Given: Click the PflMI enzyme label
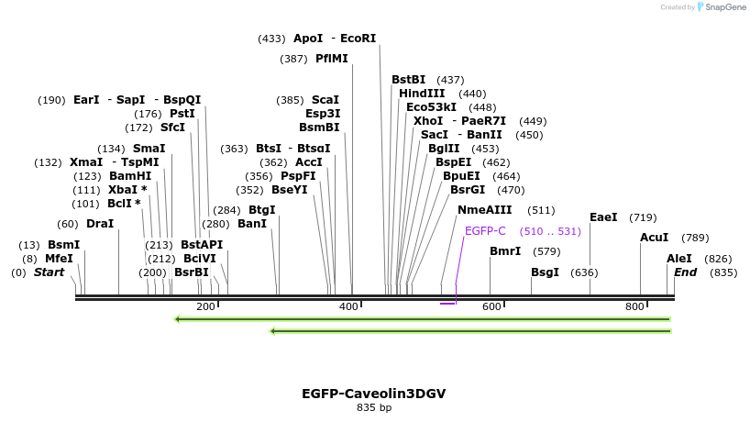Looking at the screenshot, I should pyautogui.click(x=332, y=59).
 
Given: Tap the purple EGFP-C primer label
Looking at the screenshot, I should pyautogui.click(x=485, y=231).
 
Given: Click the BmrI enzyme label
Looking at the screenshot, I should pyautogui.click(x=505, y=251).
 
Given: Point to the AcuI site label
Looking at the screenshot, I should pyautogui.click(x=655, y=238).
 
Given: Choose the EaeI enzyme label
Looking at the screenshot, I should pyautogui.click(x=603, y=217).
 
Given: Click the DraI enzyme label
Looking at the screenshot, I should pyautogui.click(x=100, y=224).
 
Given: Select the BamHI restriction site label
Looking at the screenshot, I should pyautogui.click(x=130, y=176).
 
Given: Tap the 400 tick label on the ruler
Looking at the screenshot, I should pyautogui.click(x=348, y=306).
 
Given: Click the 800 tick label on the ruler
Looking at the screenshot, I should pyautogui.click(x=634, y=306).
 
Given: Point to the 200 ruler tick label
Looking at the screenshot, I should pyautogui.click(x=205, y=306).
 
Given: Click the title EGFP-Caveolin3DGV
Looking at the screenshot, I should pyautogui.click(x=374, y=394).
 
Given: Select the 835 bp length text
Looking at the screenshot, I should pyautogui.click(x=374, y=407).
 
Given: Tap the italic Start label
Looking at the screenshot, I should pyautogui.click(x=50, y=272).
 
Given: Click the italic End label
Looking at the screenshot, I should pyautogui.click(x=686, y=272).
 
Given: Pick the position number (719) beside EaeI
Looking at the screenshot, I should pyautogui.click(x=643, y=218).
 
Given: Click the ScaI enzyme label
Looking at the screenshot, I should pyautogui.click(x=325, y=100).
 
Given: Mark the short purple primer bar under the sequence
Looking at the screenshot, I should pyautogui.click(x=447, y=303).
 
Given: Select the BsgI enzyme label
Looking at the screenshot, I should pyautogui.click(x=545, y=272).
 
